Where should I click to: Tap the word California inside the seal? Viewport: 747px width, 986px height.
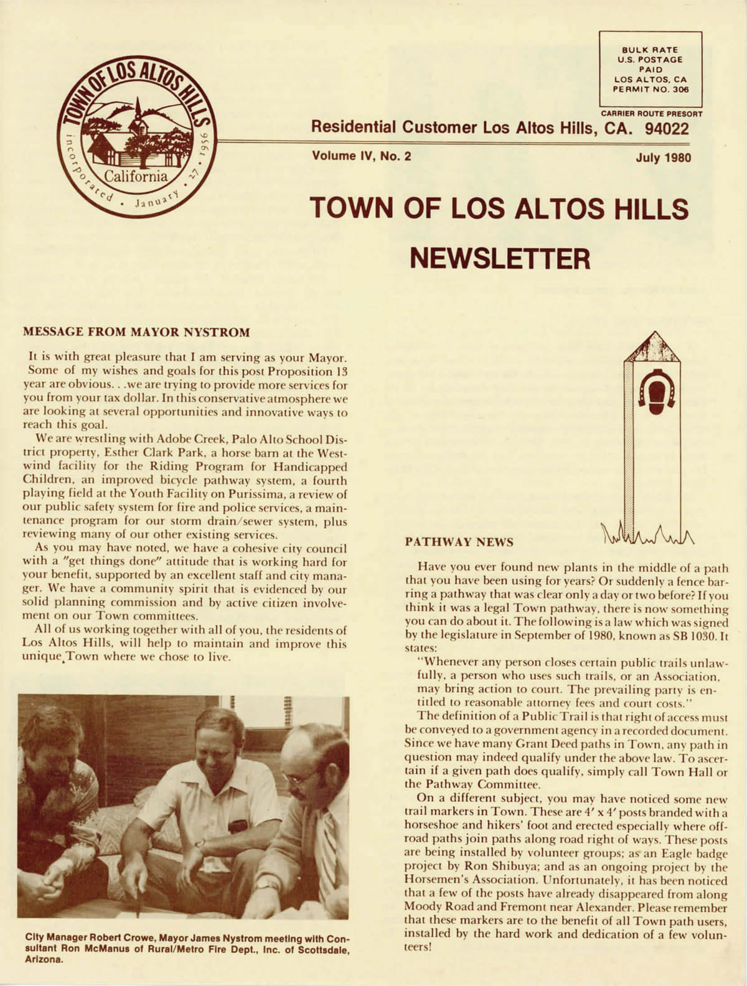tap(135, 177)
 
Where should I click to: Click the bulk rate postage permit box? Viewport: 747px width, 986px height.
tap(651, 69)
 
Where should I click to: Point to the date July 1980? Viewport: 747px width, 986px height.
tap(663, 157)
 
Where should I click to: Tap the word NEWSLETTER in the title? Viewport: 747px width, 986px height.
tap(499, 258)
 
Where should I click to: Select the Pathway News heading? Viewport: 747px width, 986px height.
tap(459, 542)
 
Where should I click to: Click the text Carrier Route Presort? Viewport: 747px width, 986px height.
tap(651, 114)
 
